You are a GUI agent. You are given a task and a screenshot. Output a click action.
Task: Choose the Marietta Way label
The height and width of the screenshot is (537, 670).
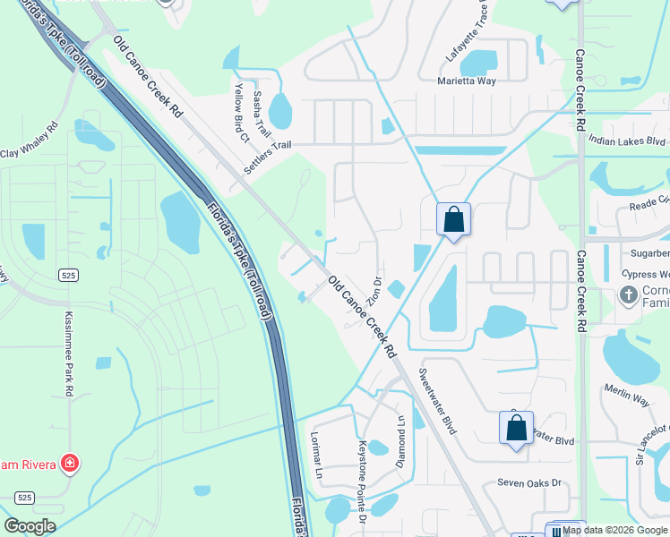(466, 81)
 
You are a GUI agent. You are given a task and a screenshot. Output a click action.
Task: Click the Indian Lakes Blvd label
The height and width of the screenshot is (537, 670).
(627, 141)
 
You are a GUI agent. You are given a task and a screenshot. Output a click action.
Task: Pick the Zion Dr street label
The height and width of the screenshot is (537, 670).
(376, 292)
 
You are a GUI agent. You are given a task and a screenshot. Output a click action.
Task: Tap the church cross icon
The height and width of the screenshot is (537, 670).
(629, 294)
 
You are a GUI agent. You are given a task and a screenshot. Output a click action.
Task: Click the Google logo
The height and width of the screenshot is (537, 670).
(30, 526)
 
